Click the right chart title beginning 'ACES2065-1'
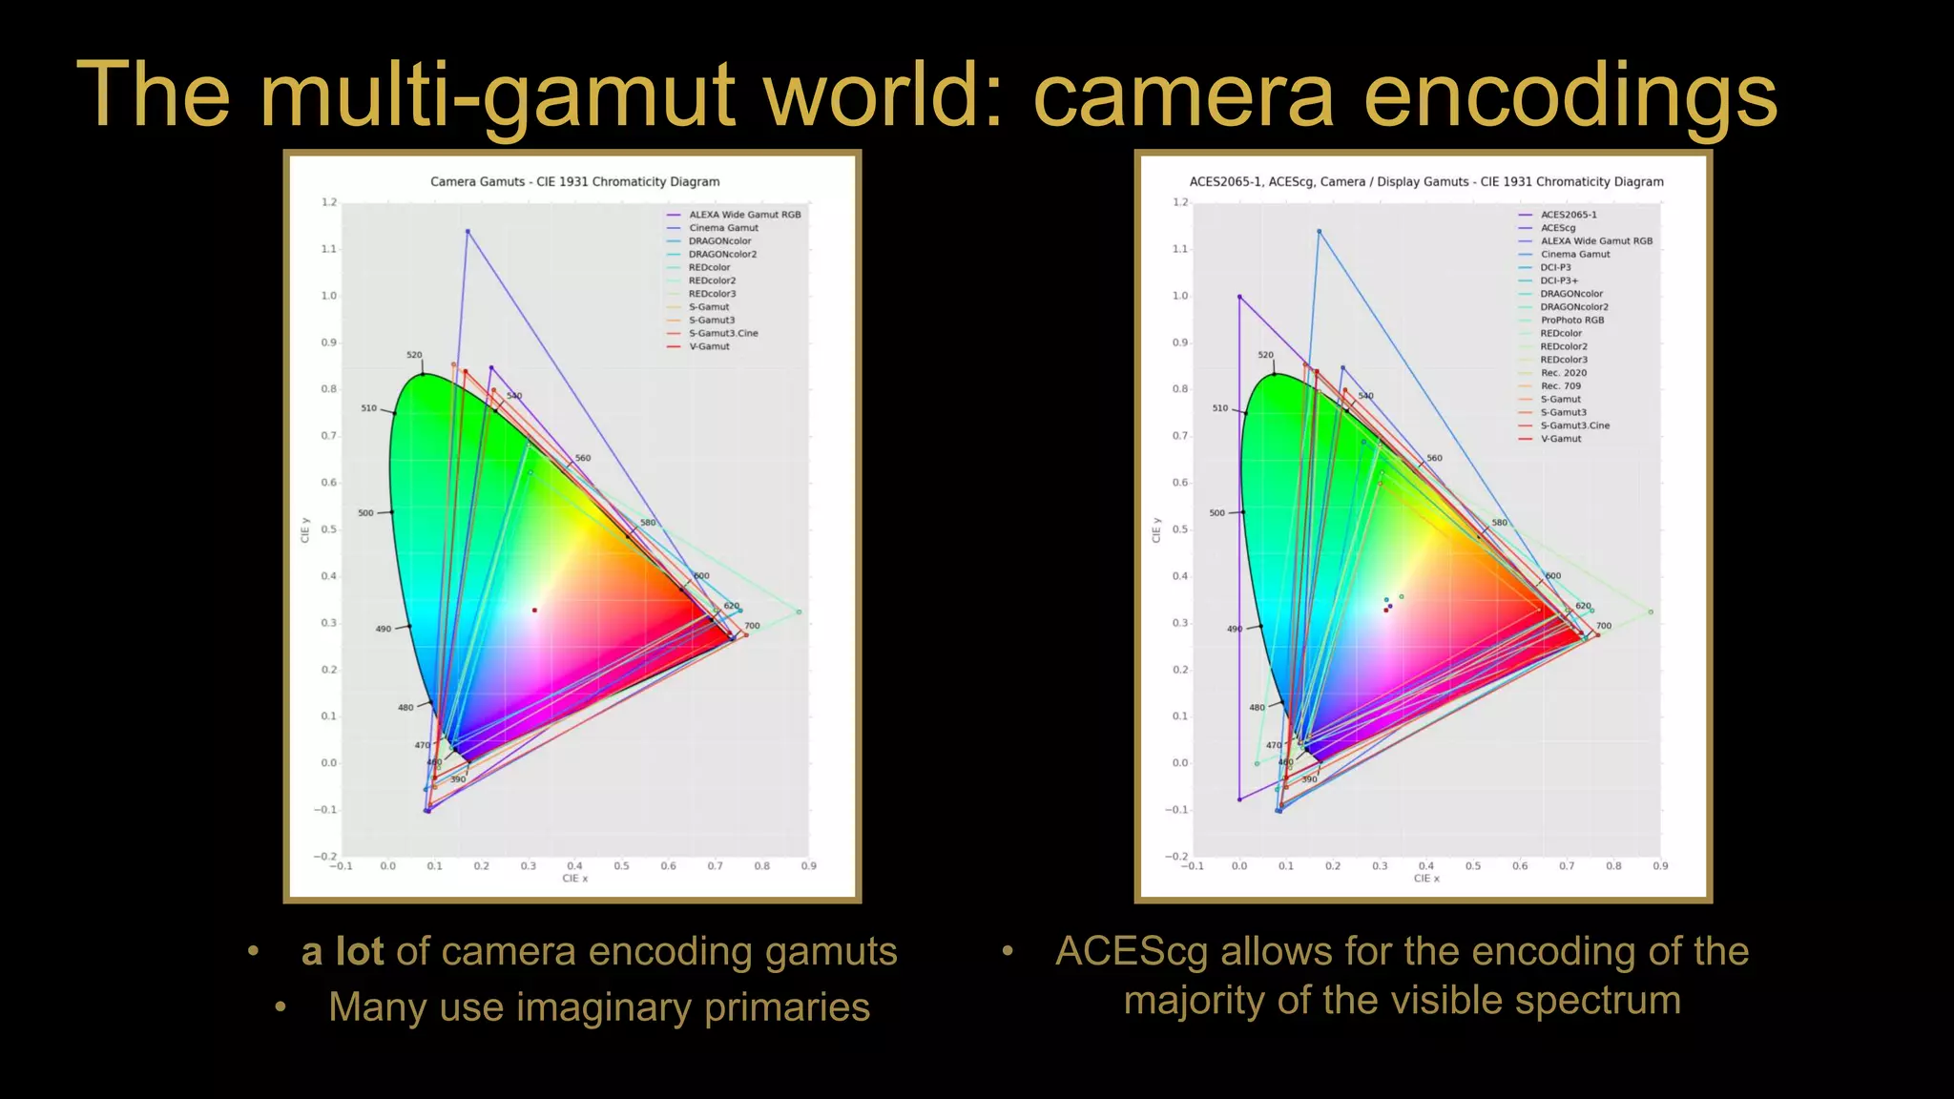point(1425,181)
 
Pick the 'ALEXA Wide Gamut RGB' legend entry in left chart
point(744,215)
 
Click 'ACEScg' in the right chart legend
point(1558,228)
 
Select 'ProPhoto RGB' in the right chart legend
point(1572,321)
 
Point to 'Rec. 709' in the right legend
point(1561,386)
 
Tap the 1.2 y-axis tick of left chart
point(329,202)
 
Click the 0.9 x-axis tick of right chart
point(1660,866)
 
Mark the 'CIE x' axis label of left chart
point(574,879)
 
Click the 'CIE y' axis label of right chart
point(1156,530)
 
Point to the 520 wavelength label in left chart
point(414,355)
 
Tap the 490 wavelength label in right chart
point(1235,629)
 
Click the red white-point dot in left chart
point(534,610)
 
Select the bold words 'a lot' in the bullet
point(342,952)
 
